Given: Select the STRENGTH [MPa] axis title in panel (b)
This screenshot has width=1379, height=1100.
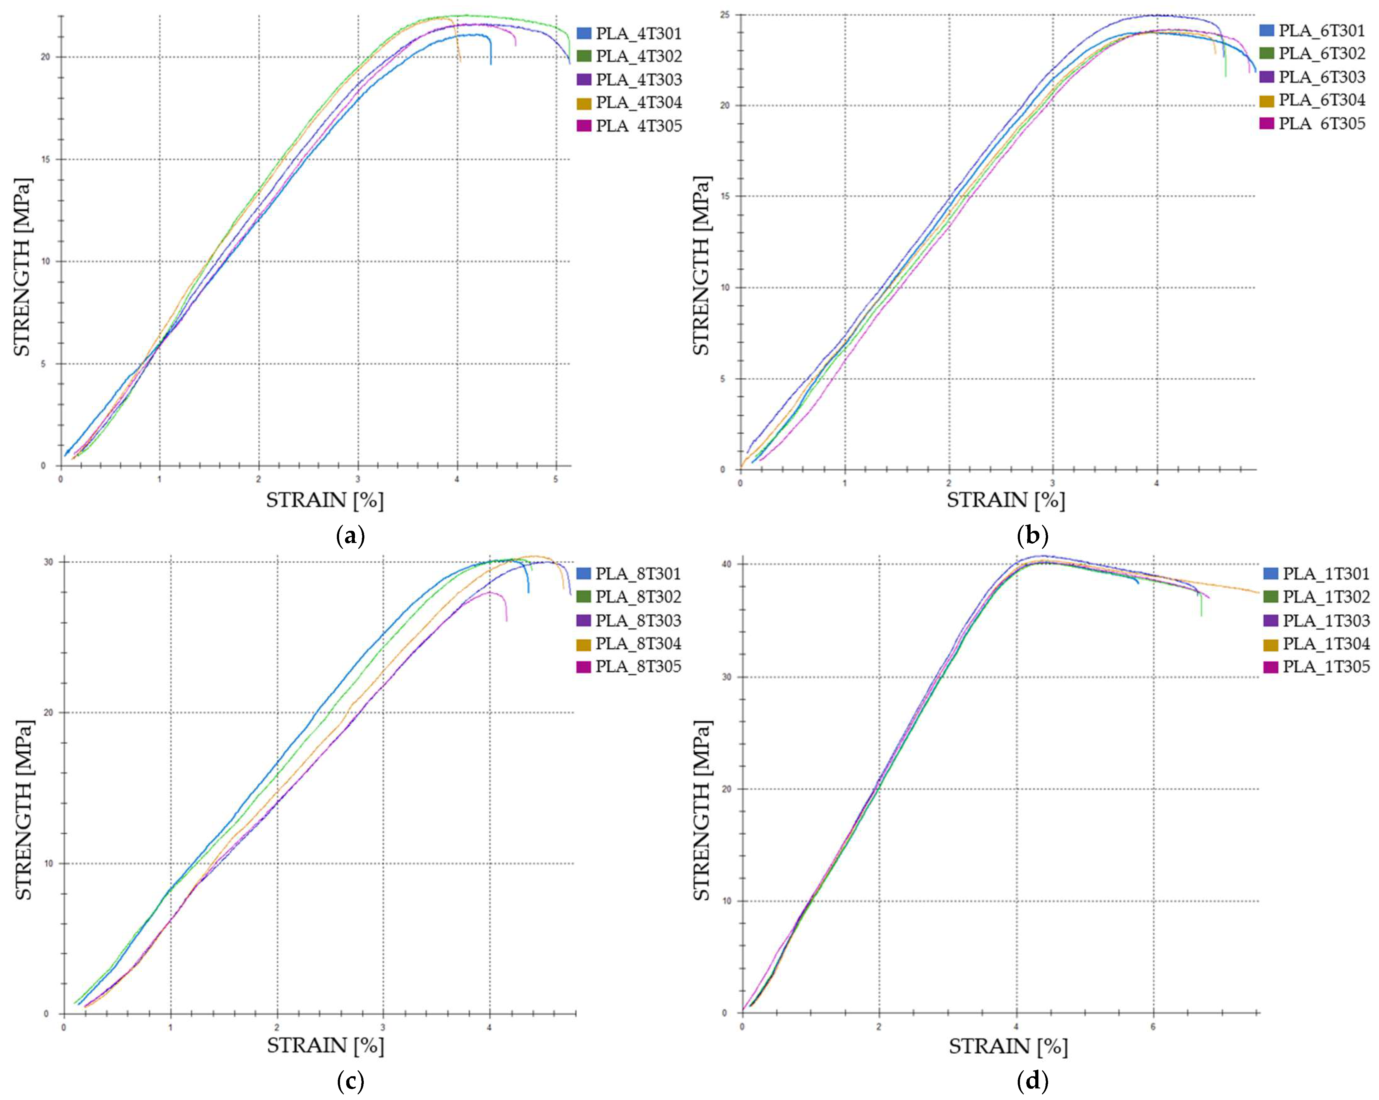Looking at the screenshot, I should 702,265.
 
